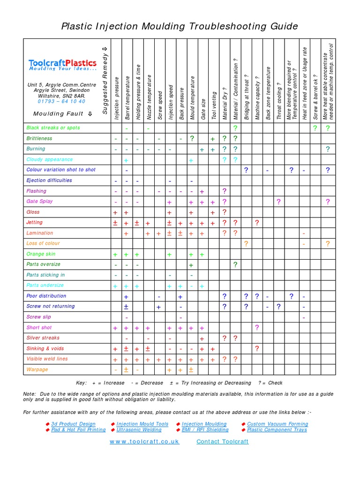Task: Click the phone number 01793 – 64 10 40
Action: point(62,101)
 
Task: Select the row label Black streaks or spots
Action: point(53,127)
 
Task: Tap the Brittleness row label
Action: point(39,138)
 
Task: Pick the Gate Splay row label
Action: point(40,201)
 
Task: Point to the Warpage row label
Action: point(37,369)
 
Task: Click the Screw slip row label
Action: point(39,317)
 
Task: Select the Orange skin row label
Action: point(41,254)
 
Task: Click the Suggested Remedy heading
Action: point(105,80)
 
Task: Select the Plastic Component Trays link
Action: point(277,430)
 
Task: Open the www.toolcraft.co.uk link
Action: point(144,442)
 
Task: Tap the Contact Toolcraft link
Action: point(222,442)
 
